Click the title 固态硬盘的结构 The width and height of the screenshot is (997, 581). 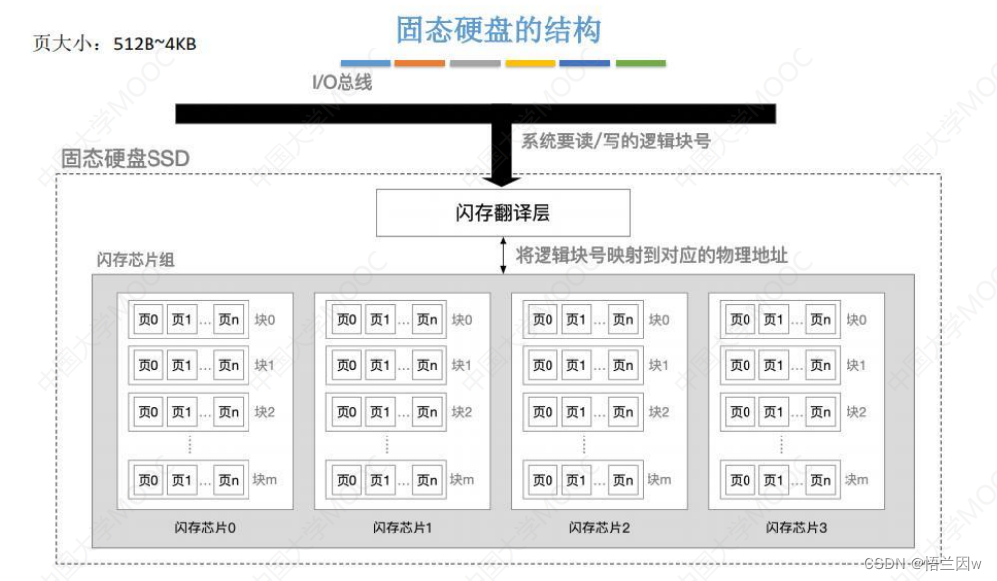point(498,29)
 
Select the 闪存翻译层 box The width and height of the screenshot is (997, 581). point(503,213)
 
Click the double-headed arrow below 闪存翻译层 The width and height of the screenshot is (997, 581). point(502,254)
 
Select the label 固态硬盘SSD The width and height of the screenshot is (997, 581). point(125,158)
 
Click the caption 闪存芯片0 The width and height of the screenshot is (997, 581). point(205,527)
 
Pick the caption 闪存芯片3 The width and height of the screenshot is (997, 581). point(796,527)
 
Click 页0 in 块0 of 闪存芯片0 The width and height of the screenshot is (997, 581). point(148,319)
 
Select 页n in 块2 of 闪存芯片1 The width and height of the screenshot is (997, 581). point(426,412)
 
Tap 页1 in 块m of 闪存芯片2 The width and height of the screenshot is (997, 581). point(576,480)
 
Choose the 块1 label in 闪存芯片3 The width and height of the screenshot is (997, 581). point(856,365)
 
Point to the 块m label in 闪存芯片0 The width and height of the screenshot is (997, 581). point(264,480)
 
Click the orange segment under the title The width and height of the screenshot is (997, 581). point(420,63)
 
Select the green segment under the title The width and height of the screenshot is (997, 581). point(641,63)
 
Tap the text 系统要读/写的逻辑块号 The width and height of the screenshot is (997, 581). point(615,141)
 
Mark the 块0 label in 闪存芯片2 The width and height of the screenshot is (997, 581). point(659,319)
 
